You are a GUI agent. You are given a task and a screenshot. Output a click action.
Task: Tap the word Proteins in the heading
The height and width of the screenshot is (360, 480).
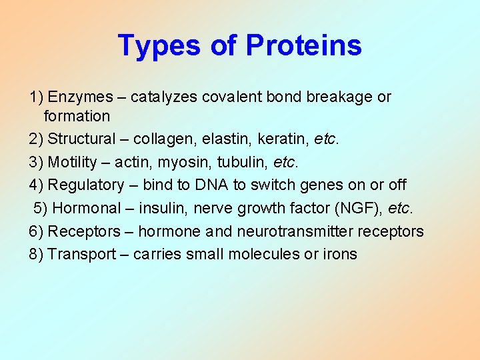click(303, 46)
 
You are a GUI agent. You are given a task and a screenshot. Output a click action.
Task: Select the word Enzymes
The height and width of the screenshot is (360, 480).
click(77, 97)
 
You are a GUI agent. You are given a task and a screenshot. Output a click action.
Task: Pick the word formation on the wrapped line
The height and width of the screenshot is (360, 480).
click(77, 117)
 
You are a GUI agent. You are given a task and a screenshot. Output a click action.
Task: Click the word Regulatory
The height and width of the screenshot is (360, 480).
click(86, 185)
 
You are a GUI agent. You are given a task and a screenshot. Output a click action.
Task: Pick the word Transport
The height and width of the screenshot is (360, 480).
click(79, 254)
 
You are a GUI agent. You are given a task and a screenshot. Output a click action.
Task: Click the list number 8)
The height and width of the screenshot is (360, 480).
click(36, 254)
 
